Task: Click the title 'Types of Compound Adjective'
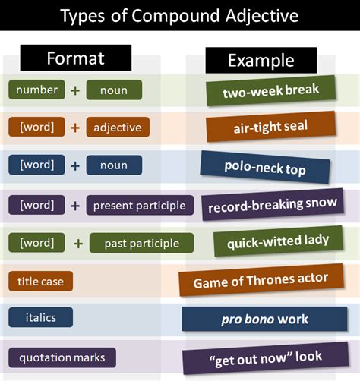[179, 16]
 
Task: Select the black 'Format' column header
[76, 58]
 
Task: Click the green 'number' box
[37, 90]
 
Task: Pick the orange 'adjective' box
[118, 128]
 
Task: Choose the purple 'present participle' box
[140, 205]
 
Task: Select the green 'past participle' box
[142, 244]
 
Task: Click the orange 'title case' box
[41, 282]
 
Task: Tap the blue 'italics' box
[41, 318]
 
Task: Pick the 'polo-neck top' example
[265, 167]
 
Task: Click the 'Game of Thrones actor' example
[261, 281]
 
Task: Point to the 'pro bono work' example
[264, 318]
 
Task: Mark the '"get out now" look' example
[265, 357]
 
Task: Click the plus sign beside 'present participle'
[75, 205]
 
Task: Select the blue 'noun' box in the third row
[114, 165]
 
